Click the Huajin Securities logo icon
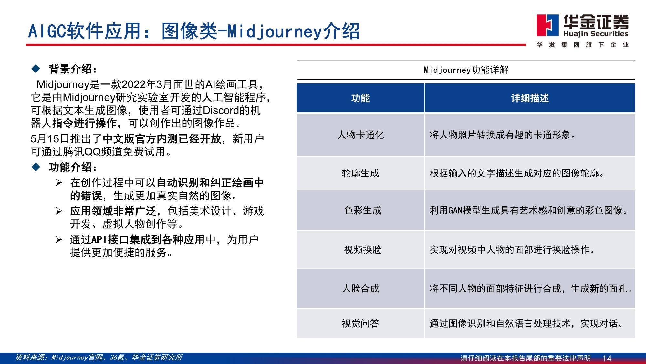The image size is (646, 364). point(547,25)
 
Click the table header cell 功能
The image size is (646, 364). point(360,98)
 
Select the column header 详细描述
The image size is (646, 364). point(530,98)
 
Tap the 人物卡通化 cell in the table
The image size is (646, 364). point(360,135)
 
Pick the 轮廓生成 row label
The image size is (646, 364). point(360,173)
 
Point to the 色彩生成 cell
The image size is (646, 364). point(363,210)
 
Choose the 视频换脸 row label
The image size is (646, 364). point(363,249)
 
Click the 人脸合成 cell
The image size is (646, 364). point(360,288)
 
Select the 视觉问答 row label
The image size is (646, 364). point(360,323)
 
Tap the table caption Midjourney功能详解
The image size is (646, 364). point(466,70)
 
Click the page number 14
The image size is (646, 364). point(607,358)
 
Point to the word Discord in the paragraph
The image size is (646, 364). point(221,110)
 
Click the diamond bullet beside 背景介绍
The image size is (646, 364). point(36,69)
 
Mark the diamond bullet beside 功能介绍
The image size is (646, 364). point(36,167)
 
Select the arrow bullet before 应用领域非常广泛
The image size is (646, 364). point(59,211)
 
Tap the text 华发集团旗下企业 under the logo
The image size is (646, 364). point(583,45)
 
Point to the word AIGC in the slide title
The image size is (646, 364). point(47,31)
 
